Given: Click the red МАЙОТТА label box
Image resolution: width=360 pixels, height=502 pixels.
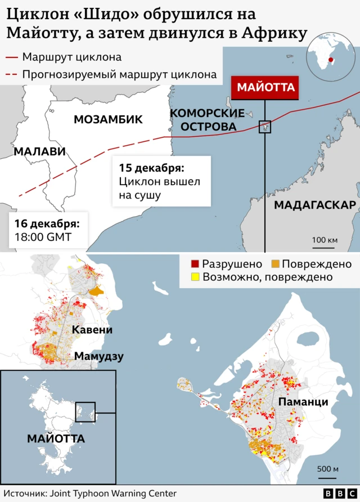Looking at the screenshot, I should pyautogui.click(x=264, y=87).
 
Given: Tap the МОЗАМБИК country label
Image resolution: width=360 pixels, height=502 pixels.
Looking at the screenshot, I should pyautogui.click(x=108, y=119).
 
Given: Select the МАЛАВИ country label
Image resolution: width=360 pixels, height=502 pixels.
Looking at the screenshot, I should pyautogui.click(x=39, y=151).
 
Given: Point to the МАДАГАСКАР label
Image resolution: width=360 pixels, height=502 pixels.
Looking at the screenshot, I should pyautogui.click(x=315, y=205).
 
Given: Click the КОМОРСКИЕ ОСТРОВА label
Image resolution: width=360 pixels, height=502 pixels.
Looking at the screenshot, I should pyautogui.click(x=206, y=120).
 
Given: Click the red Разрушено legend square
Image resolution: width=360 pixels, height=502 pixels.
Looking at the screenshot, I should pyautogui.click(x=195, y=264).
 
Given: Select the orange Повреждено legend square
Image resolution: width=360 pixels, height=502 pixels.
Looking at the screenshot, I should pyautogui.click(x=275, y=264).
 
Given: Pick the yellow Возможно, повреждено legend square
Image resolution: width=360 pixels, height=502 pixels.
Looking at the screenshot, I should pyautogui.click(x=195, y=277).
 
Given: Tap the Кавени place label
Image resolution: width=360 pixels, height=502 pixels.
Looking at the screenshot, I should pyautogui.click(x=92, y=330).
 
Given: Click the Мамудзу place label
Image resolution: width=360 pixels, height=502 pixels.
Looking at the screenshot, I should pyautogui.click(x=99, y=356).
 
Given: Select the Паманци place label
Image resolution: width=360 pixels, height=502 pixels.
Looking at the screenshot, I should pyautogui.click(x=303, y=402).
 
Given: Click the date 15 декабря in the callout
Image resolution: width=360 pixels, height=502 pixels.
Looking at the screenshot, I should pyautogui.click(x=152, y=168).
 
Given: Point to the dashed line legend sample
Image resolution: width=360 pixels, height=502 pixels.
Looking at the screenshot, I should pyautogui.click(x=10, y=74).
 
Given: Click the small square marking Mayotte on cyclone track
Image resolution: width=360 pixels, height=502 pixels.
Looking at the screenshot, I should pyautogui.click(x=264, y=127).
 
